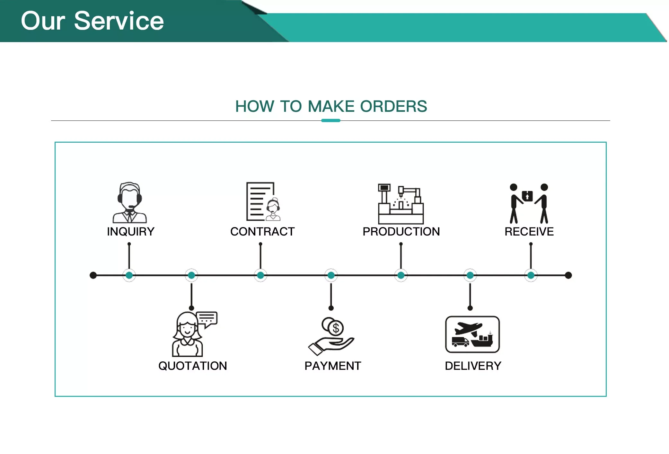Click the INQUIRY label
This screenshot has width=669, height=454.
click(x=130, y=232)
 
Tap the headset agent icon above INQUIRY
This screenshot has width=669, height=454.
click(x=129, y=202)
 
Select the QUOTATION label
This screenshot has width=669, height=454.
click(x=192, y=366)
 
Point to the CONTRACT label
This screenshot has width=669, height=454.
click(x=262, y=232)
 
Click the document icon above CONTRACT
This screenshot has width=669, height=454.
click(x=260, y=201)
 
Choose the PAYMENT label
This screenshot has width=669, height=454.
click(x=333, y=366)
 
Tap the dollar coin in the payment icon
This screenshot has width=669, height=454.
click(x=336, y=328)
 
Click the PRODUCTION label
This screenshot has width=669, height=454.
click(x=401, y=232)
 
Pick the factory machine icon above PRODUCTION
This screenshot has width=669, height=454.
click(x=401, y=204)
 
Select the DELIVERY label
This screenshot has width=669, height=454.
click(x=473, y=366)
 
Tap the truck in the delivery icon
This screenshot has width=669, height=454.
click(x=460, y=342)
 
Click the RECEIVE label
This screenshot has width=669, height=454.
click(x=529, y=232)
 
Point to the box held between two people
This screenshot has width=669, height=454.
click(x=527, y=196)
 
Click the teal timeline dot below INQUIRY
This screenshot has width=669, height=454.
click(x=129, y=275)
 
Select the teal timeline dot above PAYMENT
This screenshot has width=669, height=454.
click(x=331, y=275)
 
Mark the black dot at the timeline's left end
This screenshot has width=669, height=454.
click(x=93, y=275)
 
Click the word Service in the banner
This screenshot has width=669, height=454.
click(x=119, y=21)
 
